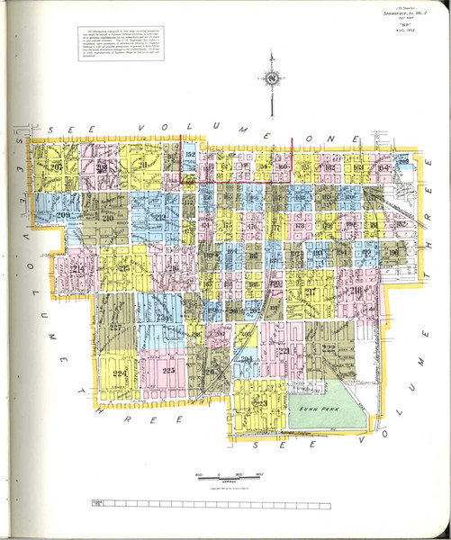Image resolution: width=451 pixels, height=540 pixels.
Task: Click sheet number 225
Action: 167,369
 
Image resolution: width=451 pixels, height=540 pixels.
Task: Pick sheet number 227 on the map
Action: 114,329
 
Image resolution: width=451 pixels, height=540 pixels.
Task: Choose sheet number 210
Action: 108,218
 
